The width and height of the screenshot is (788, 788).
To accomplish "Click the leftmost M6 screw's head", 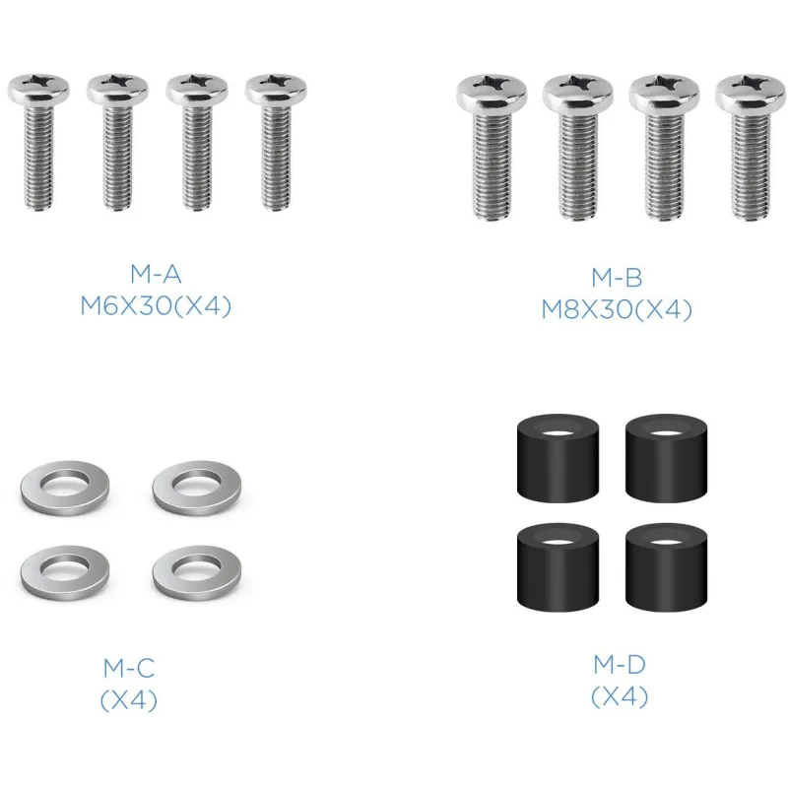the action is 38,89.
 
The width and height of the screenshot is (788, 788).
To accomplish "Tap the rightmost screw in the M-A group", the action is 276,142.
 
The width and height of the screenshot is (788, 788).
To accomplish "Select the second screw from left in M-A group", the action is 117,142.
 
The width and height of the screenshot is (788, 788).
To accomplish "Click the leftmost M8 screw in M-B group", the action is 492,147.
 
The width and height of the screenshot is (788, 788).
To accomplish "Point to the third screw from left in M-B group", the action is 664,147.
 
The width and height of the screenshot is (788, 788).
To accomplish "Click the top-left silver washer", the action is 65,488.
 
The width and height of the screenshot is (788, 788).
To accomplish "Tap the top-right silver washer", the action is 197,488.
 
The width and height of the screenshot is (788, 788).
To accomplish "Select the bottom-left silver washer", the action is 65,572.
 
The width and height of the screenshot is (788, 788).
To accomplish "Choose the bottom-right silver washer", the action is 197,572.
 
